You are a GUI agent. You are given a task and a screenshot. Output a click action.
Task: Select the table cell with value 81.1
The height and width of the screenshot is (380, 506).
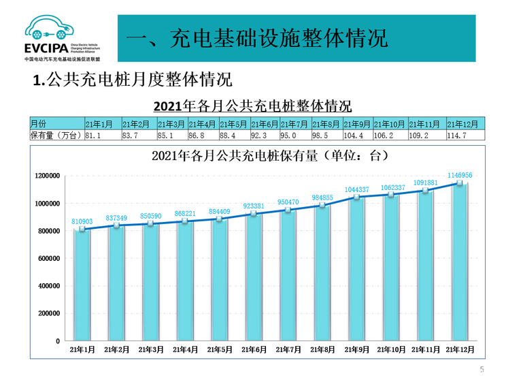(x=102, y=136)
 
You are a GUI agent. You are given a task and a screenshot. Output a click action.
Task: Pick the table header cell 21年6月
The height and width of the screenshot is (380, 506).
(x=265, y=124)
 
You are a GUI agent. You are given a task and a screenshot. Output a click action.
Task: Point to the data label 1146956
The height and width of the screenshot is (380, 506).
(x=460, y=175)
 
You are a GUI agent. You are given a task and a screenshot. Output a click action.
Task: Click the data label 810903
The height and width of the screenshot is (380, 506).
(x=82, y=221)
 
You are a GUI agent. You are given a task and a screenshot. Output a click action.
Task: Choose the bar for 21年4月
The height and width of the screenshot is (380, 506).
(x=185, y=281)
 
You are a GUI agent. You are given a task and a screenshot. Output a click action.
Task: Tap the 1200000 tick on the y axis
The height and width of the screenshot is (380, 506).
(x=48, y=176)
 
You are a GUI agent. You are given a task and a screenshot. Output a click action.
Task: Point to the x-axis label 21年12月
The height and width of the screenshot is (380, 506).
(x=460, y=349)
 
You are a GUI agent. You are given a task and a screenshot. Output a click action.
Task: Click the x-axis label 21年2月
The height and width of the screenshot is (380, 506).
(x=117, y=349)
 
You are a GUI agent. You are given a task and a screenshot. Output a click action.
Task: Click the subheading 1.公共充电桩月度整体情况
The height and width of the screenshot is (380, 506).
(x=133, y=80)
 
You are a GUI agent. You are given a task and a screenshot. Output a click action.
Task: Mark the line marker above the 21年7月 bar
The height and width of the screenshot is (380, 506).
(x=288, y=210)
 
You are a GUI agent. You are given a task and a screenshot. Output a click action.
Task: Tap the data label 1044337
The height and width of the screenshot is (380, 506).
(x=356, y=189)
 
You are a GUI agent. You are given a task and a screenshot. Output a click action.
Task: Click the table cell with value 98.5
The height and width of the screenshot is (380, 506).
(x=326, y=136)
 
